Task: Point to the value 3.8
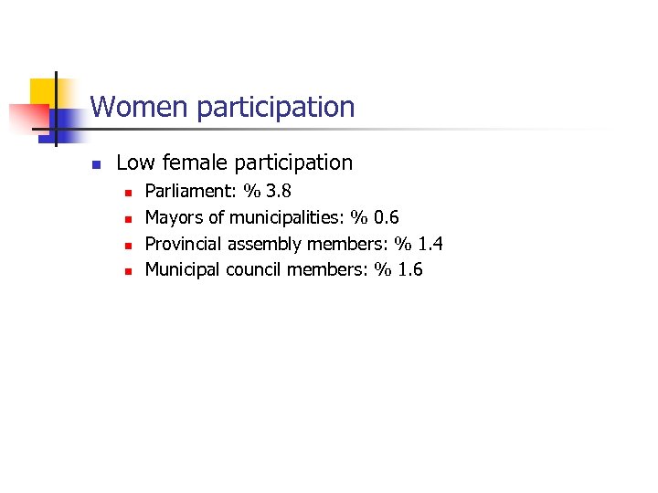point(278,192)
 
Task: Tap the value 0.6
point(386,217)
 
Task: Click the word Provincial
point(184,244)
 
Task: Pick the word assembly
point(265,244)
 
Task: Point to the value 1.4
point(430,244)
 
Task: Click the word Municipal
point(183,269)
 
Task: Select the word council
point(253,269)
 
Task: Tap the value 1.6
point(409,269)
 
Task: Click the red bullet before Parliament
point(128,194)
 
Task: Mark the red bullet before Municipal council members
point(128,271)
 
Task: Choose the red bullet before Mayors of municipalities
point(128,219)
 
